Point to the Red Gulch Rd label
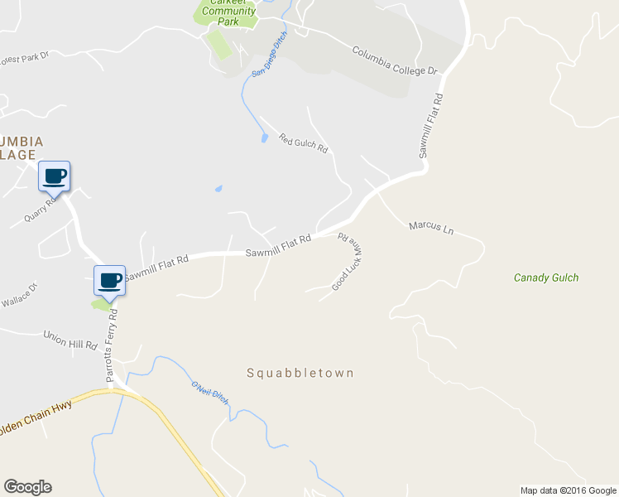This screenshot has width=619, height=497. (x=304, y=143)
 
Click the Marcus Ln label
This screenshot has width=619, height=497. (x=431, y=228)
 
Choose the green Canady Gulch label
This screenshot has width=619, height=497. (x=546, y=277)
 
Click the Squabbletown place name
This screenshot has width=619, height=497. (x=300, y=373)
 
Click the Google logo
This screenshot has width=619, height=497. (x=27, y=487)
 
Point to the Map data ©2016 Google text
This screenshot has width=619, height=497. (x=568, y=490)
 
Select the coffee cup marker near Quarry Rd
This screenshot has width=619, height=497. (x=55, y=176)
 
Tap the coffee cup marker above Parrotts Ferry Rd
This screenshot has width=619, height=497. (x=110, y=281)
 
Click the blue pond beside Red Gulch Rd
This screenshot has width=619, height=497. (x=264, y=138)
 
